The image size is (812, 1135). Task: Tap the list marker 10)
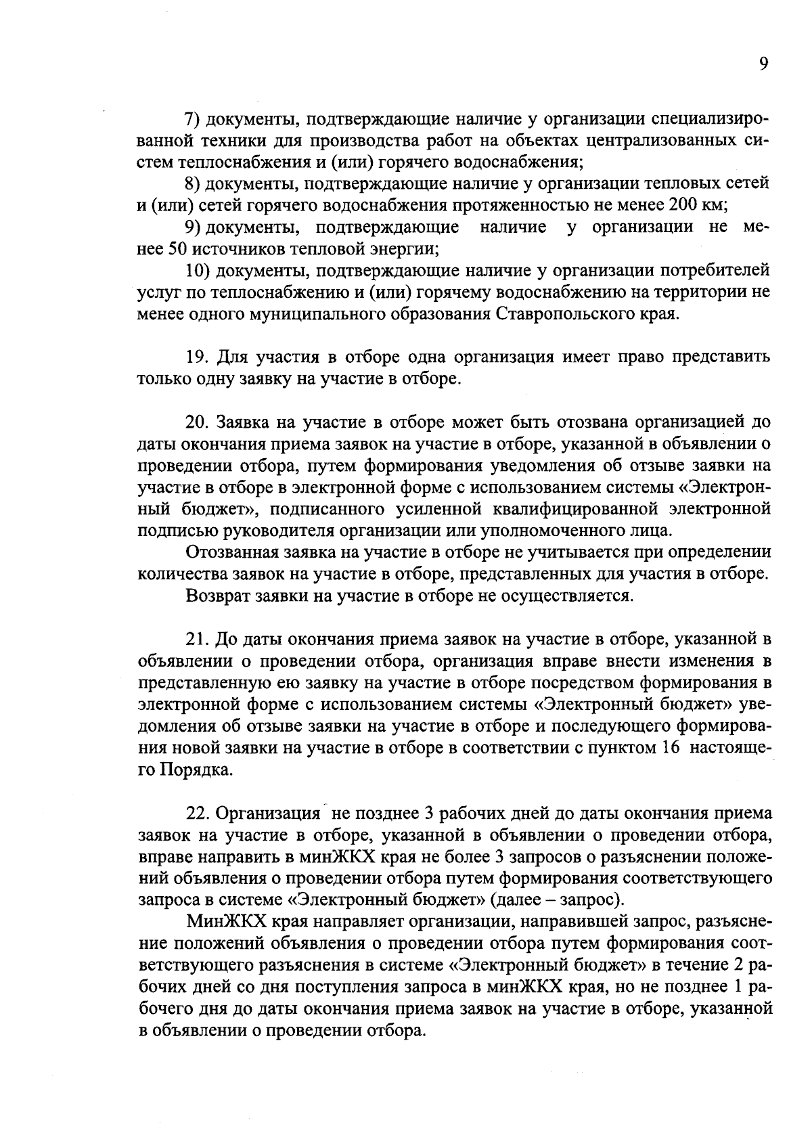tap(197, 271)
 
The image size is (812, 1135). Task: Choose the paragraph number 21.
tap(196, 638)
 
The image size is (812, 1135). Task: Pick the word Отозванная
tap(230, 552)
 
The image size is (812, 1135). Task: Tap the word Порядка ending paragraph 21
tap(197, 770)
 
